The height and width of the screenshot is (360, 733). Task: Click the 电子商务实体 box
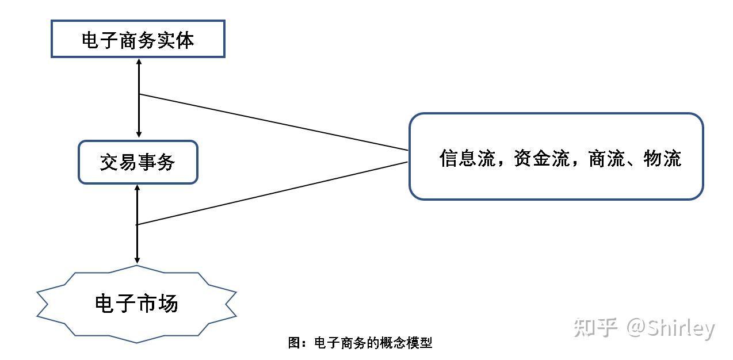(138, 39)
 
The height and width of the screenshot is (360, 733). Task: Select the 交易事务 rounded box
(138, 162)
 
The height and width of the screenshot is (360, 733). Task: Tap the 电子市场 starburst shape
(137, 304)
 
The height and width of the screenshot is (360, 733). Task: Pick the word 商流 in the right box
(606, 158)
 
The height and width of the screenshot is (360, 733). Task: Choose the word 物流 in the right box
(662, 158)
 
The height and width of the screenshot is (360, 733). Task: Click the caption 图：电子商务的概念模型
(360, 343)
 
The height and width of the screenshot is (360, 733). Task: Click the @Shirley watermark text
(671, 328)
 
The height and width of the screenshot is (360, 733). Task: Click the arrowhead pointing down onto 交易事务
(139, 135)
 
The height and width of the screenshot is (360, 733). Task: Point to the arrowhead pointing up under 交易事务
(137, 187)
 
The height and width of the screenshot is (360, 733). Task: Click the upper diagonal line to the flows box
(273, 122)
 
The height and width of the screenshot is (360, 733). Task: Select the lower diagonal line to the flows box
(273, 193)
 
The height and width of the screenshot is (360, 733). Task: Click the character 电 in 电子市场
(105, 303)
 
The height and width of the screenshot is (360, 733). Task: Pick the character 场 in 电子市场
(168, 303)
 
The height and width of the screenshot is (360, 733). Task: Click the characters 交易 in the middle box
(119, 163)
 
